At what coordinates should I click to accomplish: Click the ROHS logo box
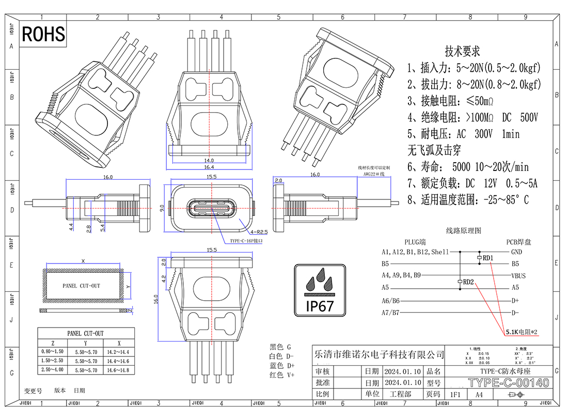[44, 34]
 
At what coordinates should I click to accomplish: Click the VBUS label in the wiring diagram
[518, 276]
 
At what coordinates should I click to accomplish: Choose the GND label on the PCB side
[516, 252]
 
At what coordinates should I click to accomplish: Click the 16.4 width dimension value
[209, 167]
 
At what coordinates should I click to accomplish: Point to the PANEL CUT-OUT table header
[86, 333]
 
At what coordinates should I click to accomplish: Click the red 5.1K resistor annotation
[522, 332]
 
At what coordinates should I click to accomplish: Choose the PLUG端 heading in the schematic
[415, 241]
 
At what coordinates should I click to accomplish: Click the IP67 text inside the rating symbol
[320, 305]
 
